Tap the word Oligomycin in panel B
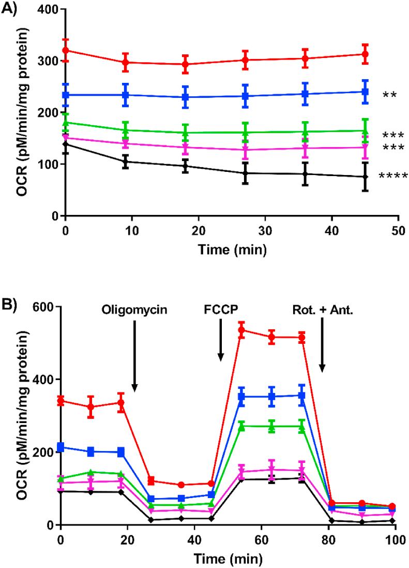(x=134, y=311)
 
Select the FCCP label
(x=221, y=311)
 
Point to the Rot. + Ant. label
(x=322, y=311)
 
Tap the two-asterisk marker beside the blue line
(x=390, y=95)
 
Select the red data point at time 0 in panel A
(x=65, y=50)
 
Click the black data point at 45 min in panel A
(x=365, y=177)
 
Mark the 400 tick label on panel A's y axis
(x=45, y=10)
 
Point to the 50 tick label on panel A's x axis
(x=398, y=228)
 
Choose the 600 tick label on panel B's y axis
(x=45, y=307)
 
